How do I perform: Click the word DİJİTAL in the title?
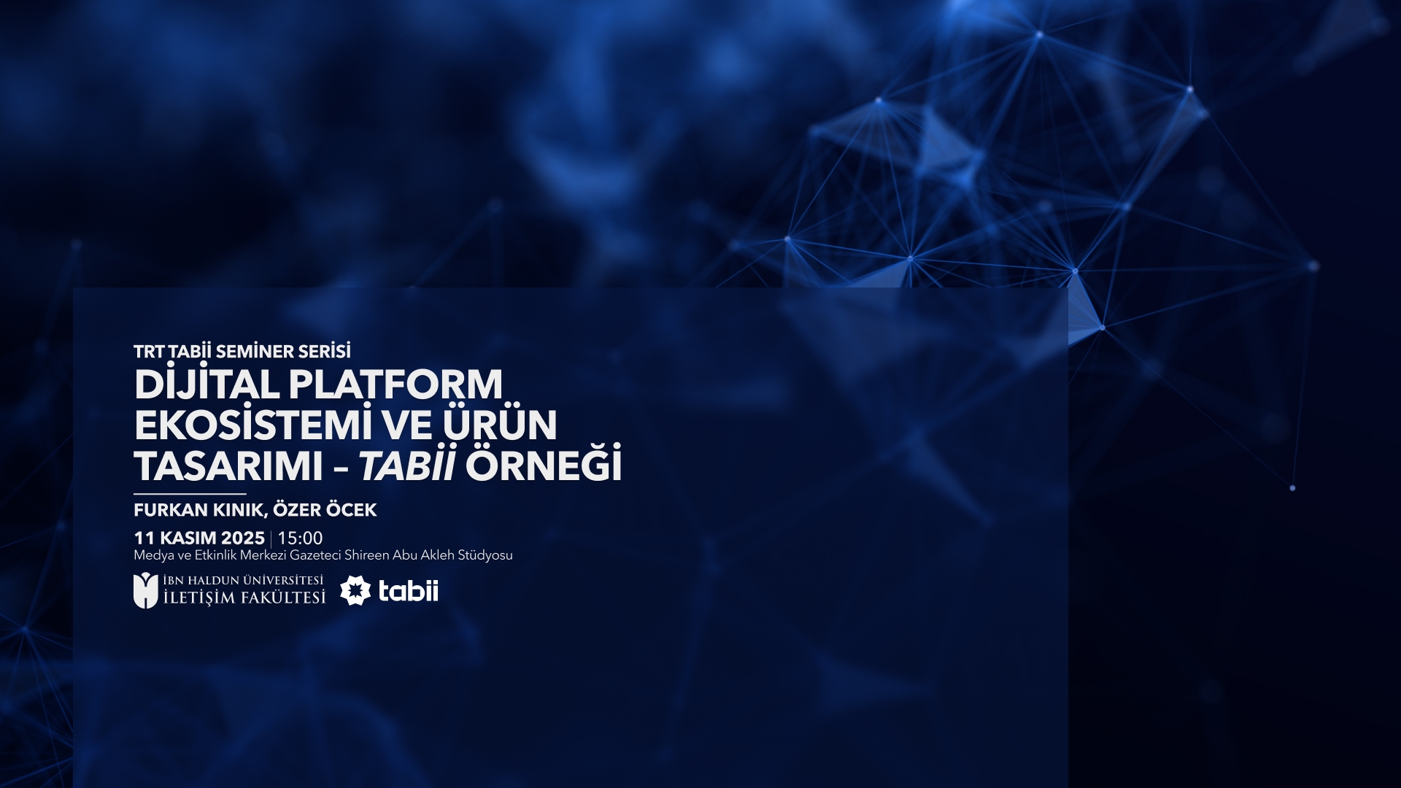(x=206, y=385)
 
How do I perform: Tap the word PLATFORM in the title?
(x=395, y=385)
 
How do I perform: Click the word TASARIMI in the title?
(x=228, y=466)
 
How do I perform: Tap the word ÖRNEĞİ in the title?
(x=544, y=466)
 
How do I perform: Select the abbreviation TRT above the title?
(x=149, y=352)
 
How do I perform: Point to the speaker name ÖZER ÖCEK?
(x=325, y=510)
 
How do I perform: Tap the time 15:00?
(x=300, y=538)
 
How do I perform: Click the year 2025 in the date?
(x=242, y=538)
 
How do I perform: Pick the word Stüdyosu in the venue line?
(x=485, y=555)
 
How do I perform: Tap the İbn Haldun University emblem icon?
(x=145, y=591)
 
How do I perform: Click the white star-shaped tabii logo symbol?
(x=355, y=590)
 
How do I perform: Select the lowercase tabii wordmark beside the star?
(x=409, y=590)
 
